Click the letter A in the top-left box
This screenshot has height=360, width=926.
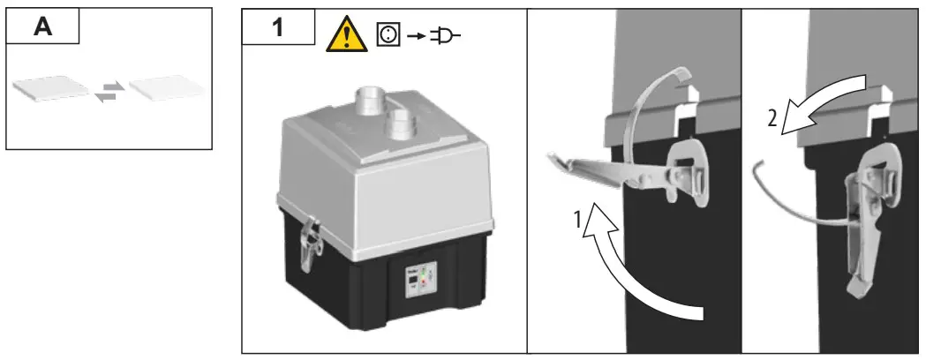(x=41, y=26)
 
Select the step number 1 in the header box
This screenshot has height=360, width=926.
(x=278, y=28)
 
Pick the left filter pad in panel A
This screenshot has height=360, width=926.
(x=51, y=88)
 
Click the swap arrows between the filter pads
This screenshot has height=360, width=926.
(x=109, y=89)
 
